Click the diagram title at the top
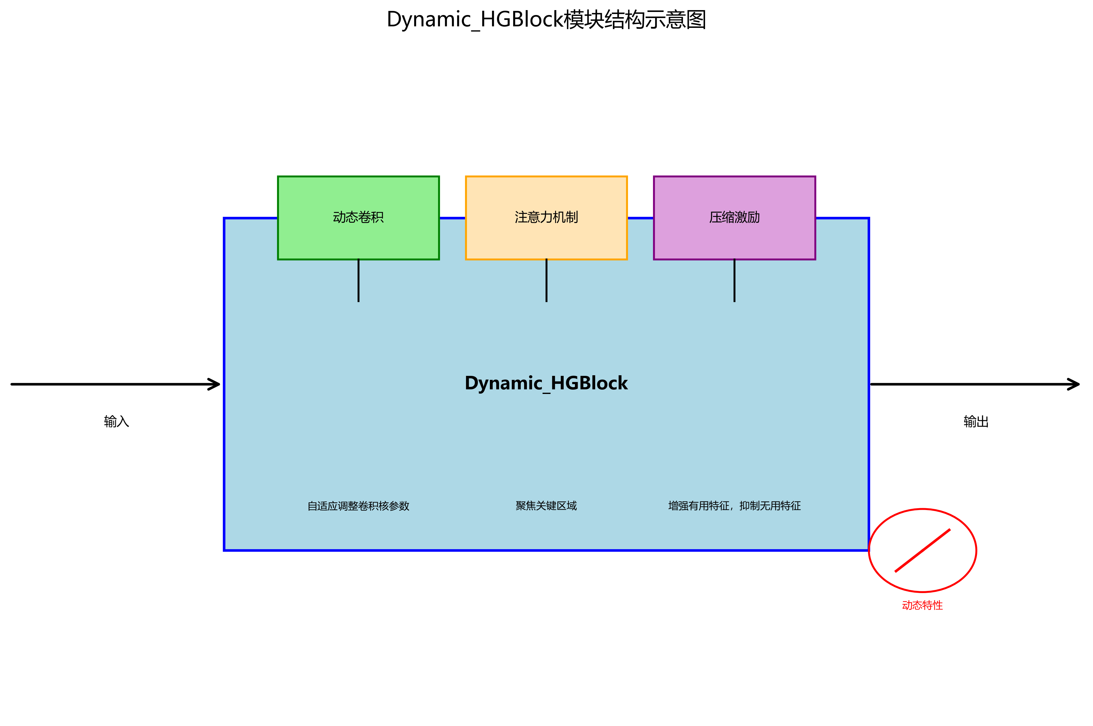pos(546,20)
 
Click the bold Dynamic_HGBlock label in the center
pos(546,384)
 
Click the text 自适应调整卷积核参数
pos(358,506)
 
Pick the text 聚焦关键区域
pos(546,506)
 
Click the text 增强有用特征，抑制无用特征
pos(734,506)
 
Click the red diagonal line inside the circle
pos(922,550)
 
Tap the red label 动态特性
pos(922,605)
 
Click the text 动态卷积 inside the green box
pos(358,217)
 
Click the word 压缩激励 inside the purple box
pos(734,217)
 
